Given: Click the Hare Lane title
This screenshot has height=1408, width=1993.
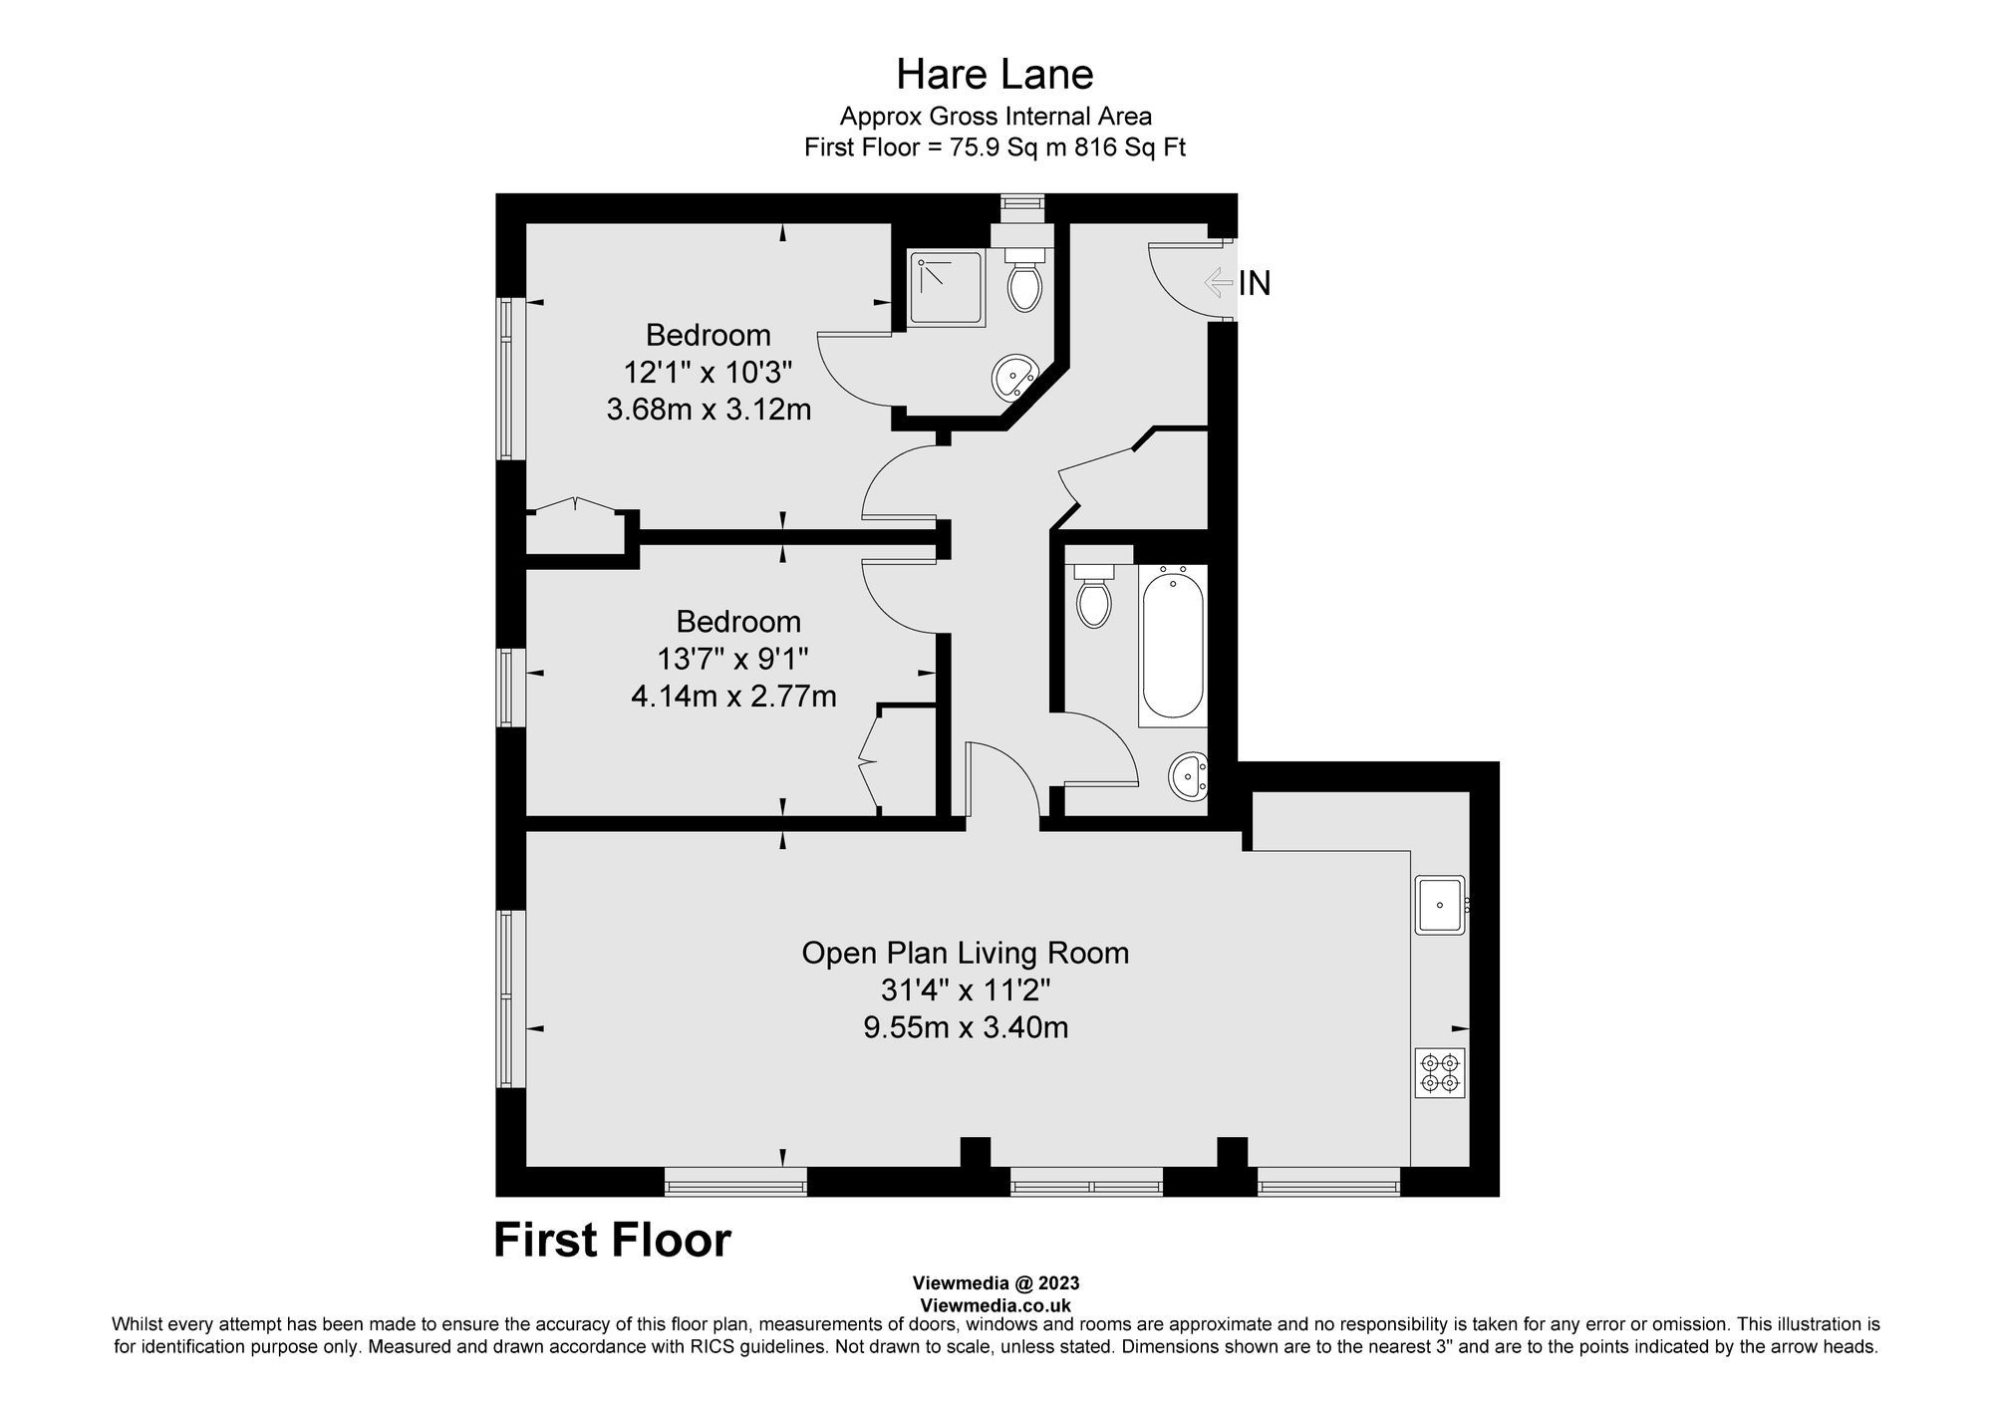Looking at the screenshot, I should (x=995, y=75).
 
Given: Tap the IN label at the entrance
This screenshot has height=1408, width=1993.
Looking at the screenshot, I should (x=1255, y=284).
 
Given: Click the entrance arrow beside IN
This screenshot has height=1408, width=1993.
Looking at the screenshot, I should (x=1218, y=283).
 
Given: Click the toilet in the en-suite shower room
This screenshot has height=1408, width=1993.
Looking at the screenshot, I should (x=1024, y=282).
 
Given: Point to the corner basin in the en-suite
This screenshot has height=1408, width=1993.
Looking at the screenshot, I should (x=1013, y=378).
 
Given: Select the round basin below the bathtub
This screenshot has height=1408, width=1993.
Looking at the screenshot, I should (x=1188, y=774).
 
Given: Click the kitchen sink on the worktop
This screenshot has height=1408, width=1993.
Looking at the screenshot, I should (x=1439, y=905).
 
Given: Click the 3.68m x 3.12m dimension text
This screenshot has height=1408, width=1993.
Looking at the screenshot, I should (x=709, y=410).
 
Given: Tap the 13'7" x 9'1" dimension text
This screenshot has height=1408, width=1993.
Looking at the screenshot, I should (x=732, y=659).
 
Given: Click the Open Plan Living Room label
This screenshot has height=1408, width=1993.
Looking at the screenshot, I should (x=965, y=954).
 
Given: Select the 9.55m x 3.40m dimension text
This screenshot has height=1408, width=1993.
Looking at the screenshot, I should (x=966, y=1027).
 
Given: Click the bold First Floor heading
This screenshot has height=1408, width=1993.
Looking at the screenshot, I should (x=612, y=1241).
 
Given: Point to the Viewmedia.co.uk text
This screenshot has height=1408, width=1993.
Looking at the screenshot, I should (x=996, y=1305).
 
